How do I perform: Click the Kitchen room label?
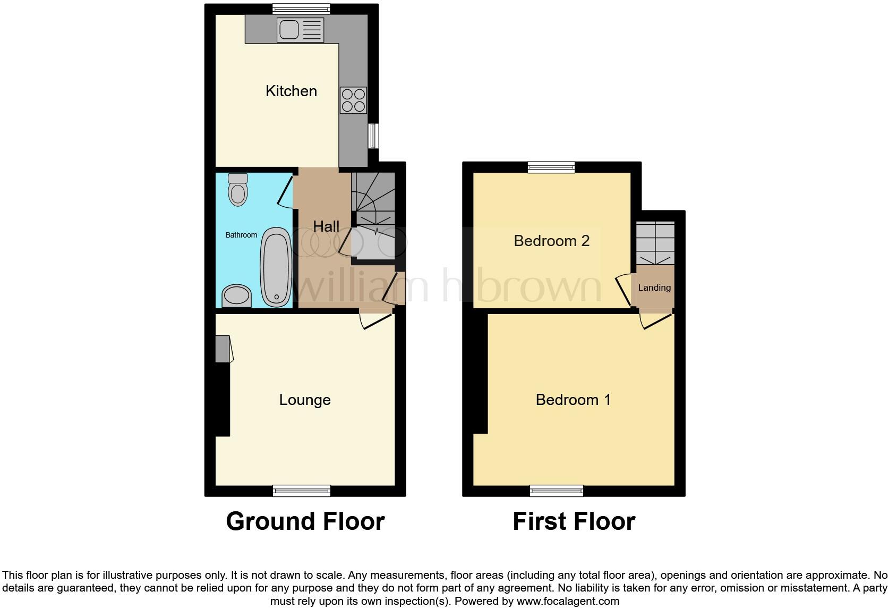pyautogui.click(x=291, y=91)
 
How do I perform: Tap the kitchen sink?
pyautogui.click(x=300, y=30)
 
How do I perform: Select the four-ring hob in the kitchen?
pyautogui.click(x=354, y=100)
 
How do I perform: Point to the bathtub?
pyautogui.click(x=276, y=267)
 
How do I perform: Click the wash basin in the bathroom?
pyautogui.click(x=236, y=296)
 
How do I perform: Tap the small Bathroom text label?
pyautogui.click(x=241, y=235)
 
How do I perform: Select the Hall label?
pyautogui.click(x=326, y=226)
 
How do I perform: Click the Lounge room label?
pyautogui.click(x=305, y=400)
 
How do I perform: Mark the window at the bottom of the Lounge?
pyautogui.click(x=302, y=491)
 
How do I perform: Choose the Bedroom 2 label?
pyautogui.click(x=551, y=241)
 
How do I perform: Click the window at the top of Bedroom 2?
pyautogui.click(x=551, y=167)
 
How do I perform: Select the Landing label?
pyautogui.click(x=654, y=288)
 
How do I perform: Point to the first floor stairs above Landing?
pyautogui.click(x=655, y=243)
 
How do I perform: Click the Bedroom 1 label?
pyautogui.click(x=573, y=400)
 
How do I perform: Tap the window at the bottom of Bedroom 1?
pyautogui.click(x=557, y=491)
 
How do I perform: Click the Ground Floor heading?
pyautogui.click(x=305, y=521)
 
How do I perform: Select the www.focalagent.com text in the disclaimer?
pyautogui.click(x=568, y=602)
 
